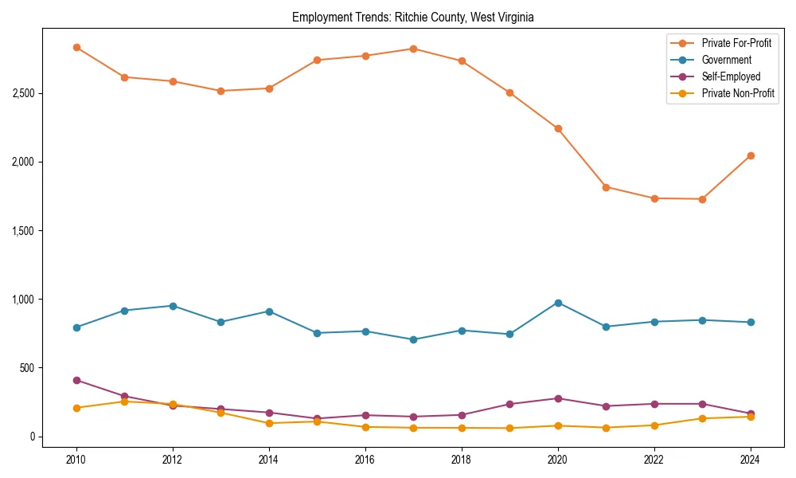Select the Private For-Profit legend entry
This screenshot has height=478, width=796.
[736, 43]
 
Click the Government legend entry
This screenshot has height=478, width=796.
[726, 60]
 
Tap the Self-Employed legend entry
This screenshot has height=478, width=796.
[731, 76]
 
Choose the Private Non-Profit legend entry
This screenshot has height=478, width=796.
[738, 93]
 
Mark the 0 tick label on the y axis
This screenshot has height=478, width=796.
[33, 437]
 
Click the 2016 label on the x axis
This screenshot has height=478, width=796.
[365, 460]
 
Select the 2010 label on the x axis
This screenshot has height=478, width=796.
[76, 460]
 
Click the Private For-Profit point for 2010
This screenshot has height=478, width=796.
[76, 48]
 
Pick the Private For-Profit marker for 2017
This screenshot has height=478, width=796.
[413, 49]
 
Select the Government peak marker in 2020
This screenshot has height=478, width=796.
[558, 303]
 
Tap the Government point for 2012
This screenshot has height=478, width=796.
[173, 306]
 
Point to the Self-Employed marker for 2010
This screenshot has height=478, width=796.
[76, 380]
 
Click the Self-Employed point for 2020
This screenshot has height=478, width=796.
[558, 398]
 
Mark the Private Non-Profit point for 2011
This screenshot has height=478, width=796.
[124, 402]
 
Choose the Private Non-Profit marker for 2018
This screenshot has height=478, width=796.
[462, 428]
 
